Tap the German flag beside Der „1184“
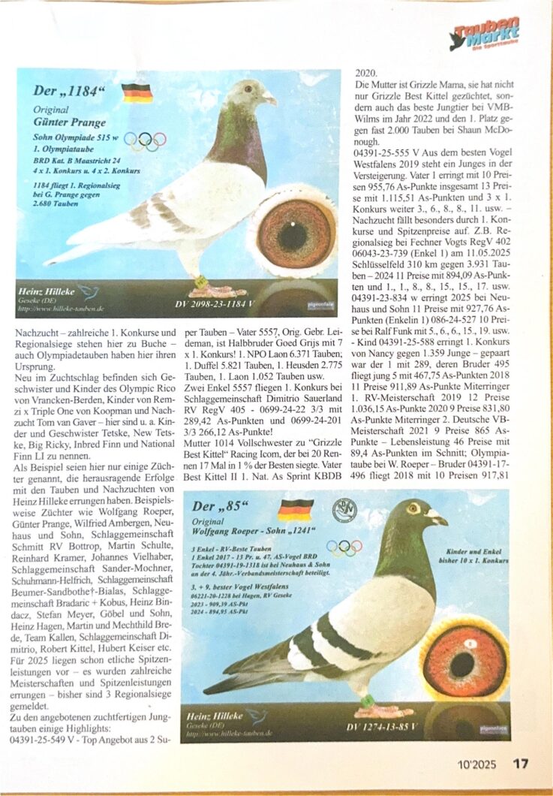[137, 93]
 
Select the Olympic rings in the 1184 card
[145, 140]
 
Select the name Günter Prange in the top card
[70, 122]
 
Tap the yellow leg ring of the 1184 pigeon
[202, 282]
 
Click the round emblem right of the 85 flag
[344, 510]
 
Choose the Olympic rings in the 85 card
[344, 547]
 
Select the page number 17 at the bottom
[521, 763]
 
